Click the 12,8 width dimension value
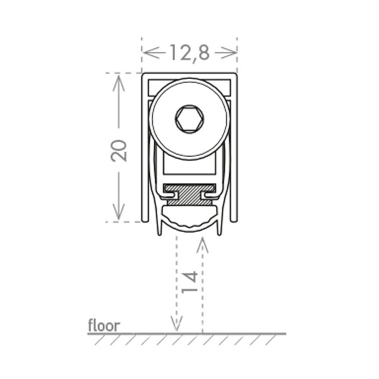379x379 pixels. pyautogui.click(x=189, y=53)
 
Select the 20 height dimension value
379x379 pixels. pyautogui.click(x=119, y=150)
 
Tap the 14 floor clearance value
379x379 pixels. pyautogui.click(x=189, y=282)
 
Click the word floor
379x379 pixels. pyautogui.click(x=104, y=325)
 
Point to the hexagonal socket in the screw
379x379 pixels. pyautogui.click(x=189, y=119)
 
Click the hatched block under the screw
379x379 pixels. pyautogui.click(x=189, y=195)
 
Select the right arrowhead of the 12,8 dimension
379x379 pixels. pyautogui.click(x=229, y=52)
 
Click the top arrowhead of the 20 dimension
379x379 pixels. pyautogui.click(x=119, y=83)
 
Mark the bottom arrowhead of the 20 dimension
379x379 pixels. pyautogui.click(x=119, y=212)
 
